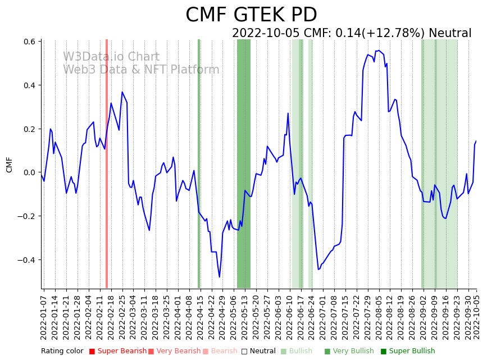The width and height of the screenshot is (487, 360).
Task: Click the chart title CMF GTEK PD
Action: pos(251,15)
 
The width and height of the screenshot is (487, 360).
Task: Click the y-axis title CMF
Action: pos(10,165)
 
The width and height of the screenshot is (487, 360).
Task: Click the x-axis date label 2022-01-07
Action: pos(44,315)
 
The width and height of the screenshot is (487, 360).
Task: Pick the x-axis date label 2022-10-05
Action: pos(477,315)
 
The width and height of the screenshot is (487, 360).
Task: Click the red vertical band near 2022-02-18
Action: pos(107,163)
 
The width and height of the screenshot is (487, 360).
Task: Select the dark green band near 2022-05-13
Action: pos(244,163)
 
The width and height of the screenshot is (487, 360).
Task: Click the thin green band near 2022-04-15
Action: pos(199,163)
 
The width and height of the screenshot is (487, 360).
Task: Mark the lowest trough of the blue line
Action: pos(220,277)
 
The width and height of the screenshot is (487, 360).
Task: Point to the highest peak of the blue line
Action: pos(378,51)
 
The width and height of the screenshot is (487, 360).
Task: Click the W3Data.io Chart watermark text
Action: pos(111,57)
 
